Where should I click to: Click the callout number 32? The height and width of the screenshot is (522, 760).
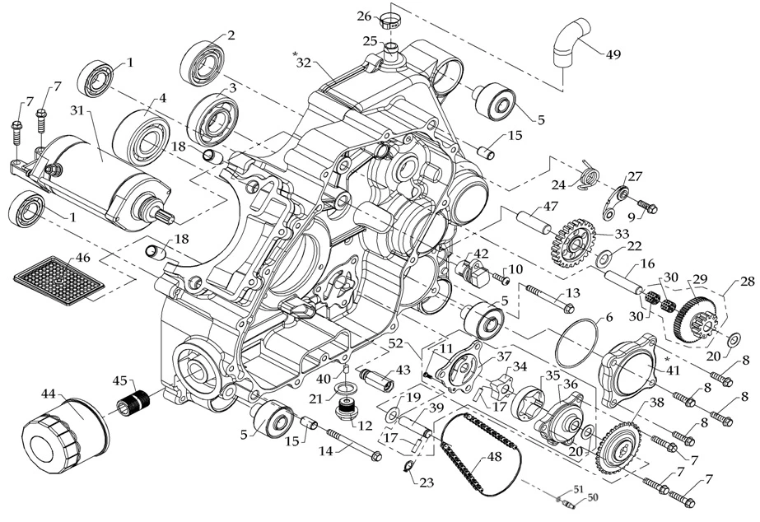tap(304, 63)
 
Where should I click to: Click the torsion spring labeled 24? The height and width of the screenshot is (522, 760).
tap(588, 175)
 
